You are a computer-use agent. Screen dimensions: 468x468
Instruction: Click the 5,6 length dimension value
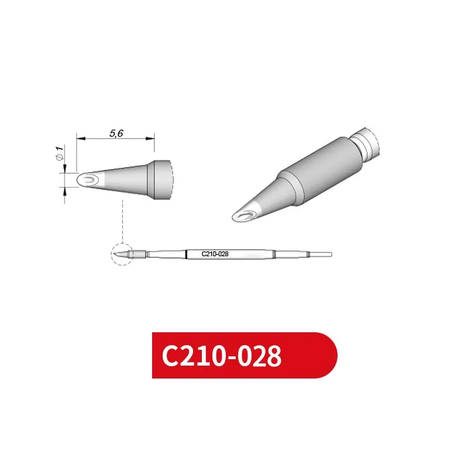[116, 133]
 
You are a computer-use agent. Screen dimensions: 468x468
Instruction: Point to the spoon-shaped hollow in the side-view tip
[89, 179]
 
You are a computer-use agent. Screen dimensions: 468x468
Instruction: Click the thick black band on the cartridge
[186, 254]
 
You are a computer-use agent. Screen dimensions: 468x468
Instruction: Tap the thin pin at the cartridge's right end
[321, 254]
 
